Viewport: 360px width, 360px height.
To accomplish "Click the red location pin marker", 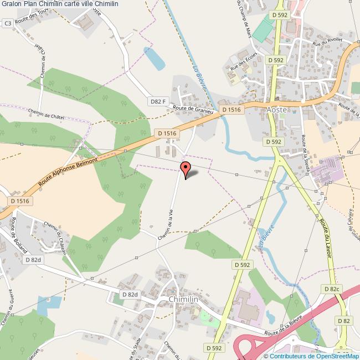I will [x=186, y=168].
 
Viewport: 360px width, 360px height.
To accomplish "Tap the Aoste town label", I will [x=276, y=110].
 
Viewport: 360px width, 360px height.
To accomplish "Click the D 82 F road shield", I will [x=158, y=101].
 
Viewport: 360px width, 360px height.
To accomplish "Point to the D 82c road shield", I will [x=331, y=289].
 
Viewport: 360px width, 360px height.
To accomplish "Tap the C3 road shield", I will [x=8, y=23].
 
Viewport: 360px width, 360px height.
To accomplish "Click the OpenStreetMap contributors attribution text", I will [x=311, y=356].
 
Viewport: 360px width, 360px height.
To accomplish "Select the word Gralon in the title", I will [x=12, y=4].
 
